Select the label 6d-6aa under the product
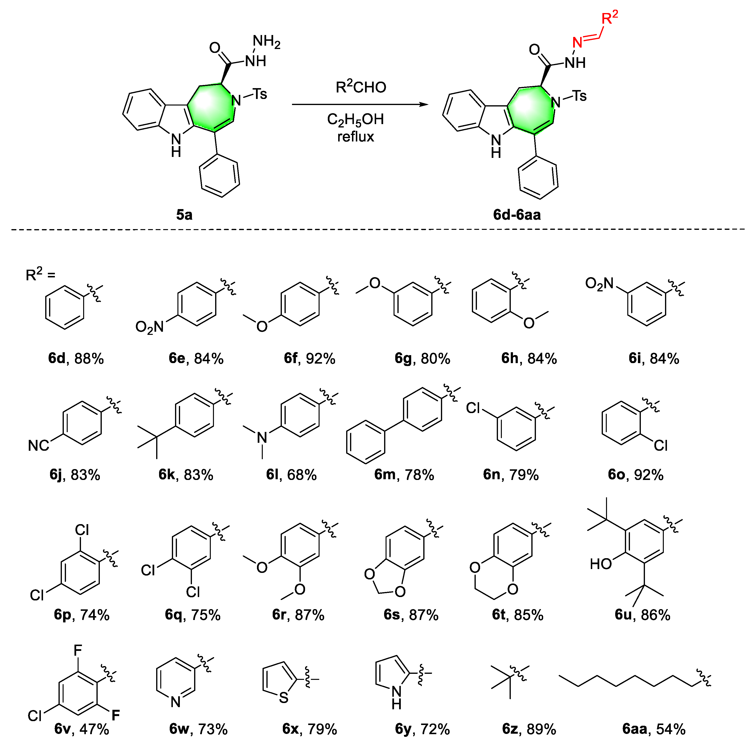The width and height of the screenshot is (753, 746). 517,215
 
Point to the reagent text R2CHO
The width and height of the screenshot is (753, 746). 360,87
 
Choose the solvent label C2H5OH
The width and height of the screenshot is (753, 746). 355,119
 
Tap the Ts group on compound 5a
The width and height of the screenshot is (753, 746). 260,94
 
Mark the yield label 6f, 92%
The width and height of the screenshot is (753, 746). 309,358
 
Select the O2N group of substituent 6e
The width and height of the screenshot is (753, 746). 149,327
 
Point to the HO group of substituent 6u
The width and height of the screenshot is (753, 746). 601,563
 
